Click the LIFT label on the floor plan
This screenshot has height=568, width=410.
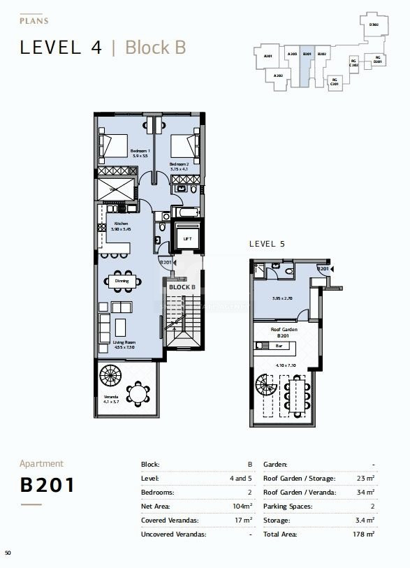click(186, 239)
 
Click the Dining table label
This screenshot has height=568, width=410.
click(122, 281)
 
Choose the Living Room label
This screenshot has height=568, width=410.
click(123, 344)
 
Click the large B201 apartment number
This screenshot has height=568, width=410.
click(47, 485)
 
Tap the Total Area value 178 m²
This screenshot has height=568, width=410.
click(363, 534)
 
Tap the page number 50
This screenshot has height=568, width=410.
click(8, 553)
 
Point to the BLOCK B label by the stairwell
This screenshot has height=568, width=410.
click(182, 287)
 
